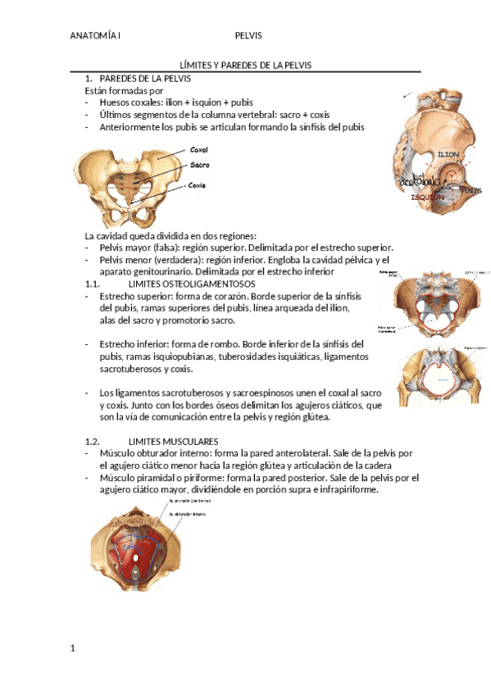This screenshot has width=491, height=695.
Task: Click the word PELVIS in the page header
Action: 248,36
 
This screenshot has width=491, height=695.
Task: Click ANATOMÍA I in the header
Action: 95,36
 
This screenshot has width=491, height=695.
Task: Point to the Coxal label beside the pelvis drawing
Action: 198,150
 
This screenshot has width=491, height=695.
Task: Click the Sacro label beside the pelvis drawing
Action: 199,165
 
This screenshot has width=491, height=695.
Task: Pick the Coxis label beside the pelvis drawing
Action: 197,185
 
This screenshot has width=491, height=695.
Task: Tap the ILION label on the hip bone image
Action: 448,154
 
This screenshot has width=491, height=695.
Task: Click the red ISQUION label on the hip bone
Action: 427,198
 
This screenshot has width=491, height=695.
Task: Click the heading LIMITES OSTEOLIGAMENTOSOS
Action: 180,283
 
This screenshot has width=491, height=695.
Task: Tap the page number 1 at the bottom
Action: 73,649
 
